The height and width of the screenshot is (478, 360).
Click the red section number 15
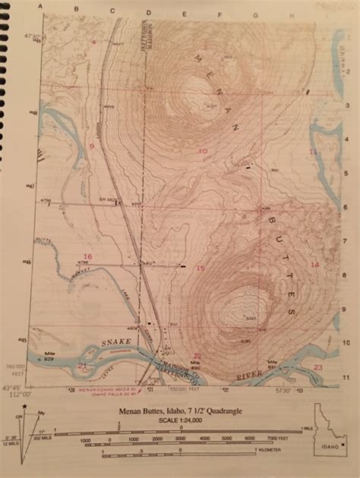tap(201, 268)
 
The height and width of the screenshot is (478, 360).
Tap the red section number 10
tap(202, 151)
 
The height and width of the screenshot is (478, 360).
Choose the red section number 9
tap(90, 145)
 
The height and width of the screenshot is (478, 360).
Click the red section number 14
tap(314, 263)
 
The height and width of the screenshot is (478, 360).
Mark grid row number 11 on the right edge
tap(346, 376)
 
